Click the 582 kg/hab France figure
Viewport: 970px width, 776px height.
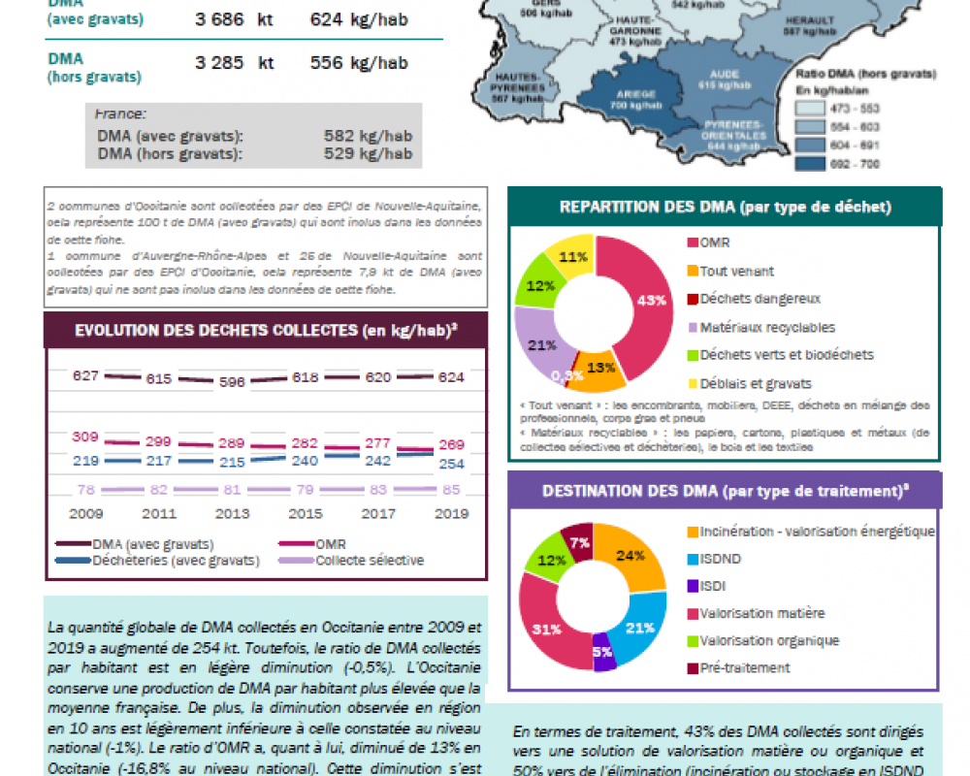tap(368, 136)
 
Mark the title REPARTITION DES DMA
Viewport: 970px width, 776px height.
tap(725, 207)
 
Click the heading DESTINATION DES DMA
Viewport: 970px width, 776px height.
tap(725, 491)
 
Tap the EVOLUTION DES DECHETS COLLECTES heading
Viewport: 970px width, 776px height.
tap(266, 330)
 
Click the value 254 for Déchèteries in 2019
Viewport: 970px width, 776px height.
tap(450, 464)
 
